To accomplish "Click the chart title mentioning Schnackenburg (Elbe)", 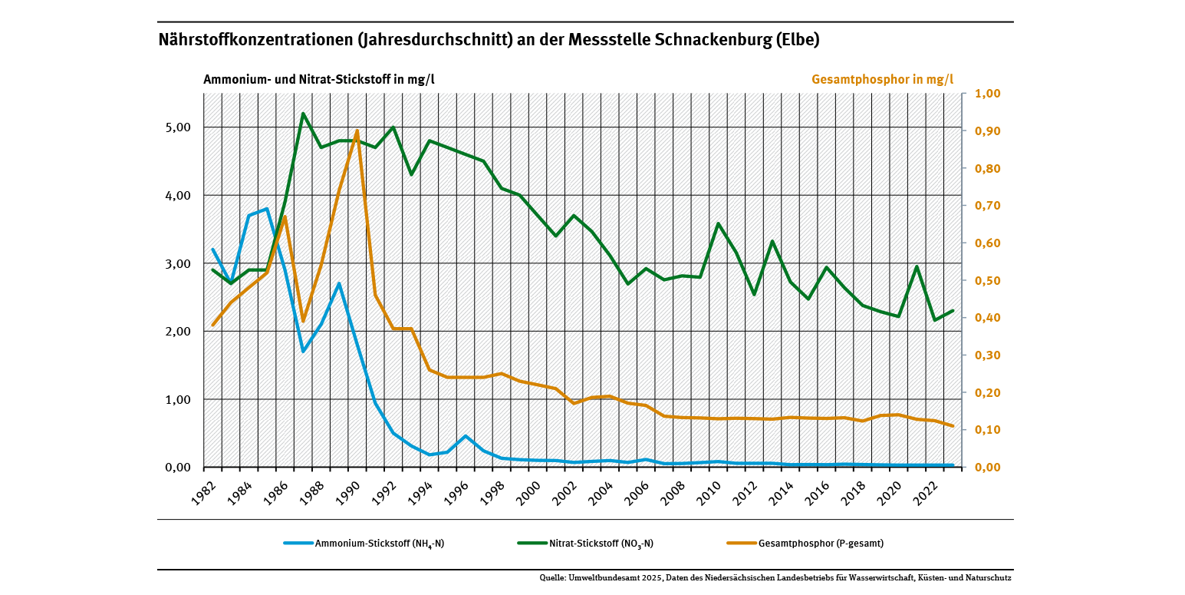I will click(489, 41).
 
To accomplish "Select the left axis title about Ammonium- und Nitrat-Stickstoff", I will click(319, 79).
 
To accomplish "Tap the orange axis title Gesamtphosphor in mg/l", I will click(882, 79).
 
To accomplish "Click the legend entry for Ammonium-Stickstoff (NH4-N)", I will click(364, 544).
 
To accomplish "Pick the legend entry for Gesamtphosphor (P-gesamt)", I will click(805, 544).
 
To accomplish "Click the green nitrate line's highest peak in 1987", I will click(303, 114).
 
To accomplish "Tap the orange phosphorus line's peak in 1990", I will click(357, 131).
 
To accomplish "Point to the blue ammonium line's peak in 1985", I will click(267, 209).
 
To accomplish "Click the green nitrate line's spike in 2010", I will click(718, 223).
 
